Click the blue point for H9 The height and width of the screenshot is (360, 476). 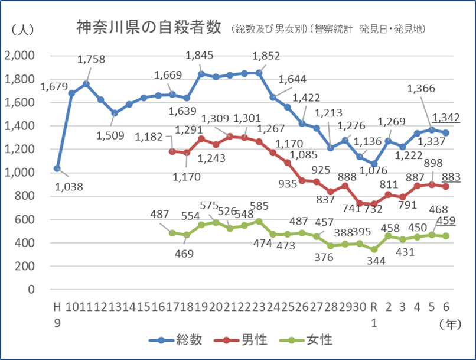coord(57,168)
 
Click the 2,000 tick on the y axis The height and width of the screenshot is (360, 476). coord(19,56)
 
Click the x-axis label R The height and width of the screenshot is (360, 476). coord(373,306)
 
